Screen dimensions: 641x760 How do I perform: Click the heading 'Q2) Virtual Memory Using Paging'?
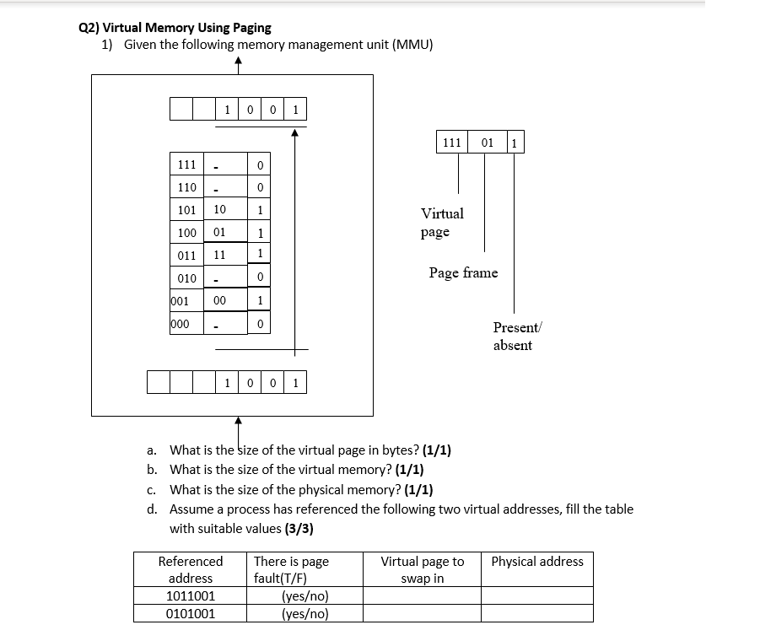pos(175,27)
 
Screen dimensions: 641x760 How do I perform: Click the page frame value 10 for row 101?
pos(219,208)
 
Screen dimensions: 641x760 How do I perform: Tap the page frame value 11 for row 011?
pos(219,254)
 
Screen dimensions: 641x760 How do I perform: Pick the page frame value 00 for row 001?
pos(219,299)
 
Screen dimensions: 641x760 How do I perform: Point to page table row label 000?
pos(180,323)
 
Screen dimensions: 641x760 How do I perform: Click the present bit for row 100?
pos(261,233)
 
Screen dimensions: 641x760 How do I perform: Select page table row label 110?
pos(186,187)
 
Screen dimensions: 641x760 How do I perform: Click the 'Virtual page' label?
pos(442,223)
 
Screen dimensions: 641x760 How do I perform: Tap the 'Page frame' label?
pos(463,272)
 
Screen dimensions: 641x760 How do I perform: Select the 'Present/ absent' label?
pos(513,336)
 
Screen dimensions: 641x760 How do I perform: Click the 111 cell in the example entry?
pos(452,143)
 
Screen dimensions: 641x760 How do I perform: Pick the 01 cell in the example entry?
pos(487,143)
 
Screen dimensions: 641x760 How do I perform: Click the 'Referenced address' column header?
pos(191,569)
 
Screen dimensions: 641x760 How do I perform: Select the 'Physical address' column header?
pos(536,562)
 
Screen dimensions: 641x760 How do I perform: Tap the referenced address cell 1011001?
pos(191,596)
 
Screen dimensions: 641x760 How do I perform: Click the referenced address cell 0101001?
pos(191,613)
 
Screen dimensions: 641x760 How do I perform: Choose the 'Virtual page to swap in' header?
pos(422,569)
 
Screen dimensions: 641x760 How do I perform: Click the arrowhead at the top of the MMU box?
pos(239,62)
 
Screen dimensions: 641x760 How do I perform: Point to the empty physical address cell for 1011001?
pos(536,596)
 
